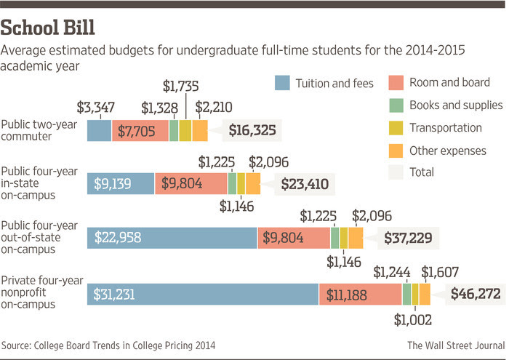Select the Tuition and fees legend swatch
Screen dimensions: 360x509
coord(283,83)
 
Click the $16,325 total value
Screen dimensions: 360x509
coord(254,131)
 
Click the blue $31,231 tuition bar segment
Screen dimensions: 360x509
coord(202,294)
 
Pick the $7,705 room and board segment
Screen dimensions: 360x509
coord(140,131)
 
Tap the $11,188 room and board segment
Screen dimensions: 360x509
coord(360,294)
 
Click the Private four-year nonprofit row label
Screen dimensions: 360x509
coord(42,292)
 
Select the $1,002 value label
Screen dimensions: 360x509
coord(414,319)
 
